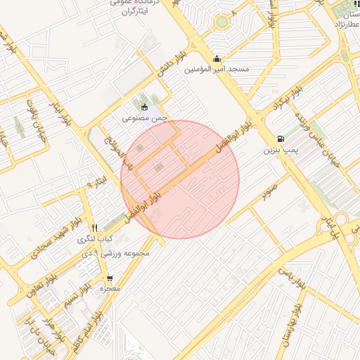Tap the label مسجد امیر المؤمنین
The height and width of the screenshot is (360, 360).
coord(217,70)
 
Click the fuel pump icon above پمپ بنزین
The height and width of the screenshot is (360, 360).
coord(281,139)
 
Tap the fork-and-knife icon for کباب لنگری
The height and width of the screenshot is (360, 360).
coord(94,228)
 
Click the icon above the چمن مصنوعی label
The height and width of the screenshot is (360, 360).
coord(145,108)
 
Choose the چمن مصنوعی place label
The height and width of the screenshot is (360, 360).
coord(145,119)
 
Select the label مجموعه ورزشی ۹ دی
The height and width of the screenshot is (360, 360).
coord(117,252)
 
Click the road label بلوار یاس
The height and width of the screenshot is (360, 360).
coord(292,271)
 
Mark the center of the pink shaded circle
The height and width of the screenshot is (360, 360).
coord(180,179)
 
